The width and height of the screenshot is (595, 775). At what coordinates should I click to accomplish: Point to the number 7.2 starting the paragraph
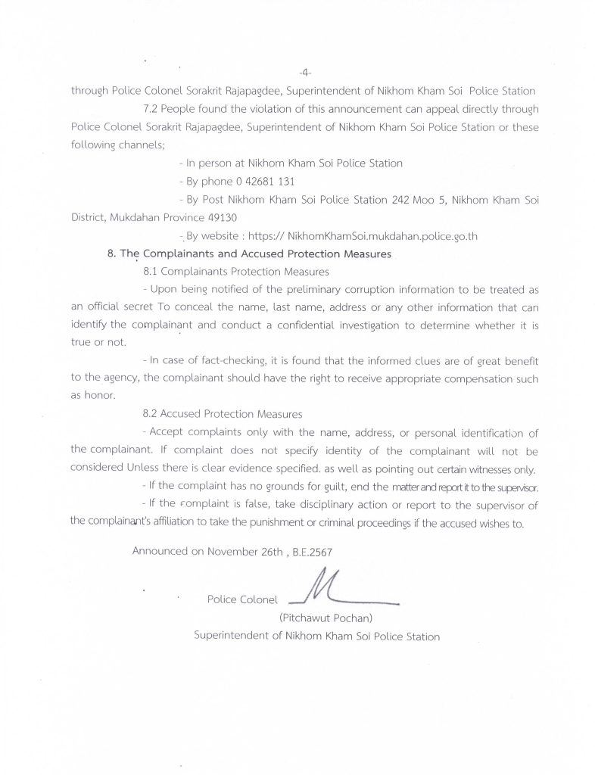[x=151, y=110]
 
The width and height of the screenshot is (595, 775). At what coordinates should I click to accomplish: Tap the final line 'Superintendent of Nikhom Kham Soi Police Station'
[x=316, y=636]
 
